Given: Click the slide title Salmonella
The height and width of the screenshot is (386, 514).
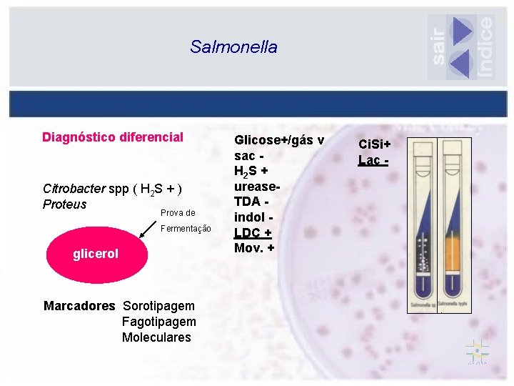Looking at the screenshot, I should coord(233,47).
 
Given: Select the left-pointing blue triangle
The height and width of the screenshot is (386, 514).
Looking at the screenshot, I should coord(461,64).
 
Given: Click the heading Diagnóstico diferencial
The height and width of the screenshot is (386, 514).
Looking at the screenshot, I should coord(113,137).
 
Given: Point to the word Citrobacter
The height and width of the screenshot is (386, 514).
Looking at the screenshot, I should coord(73,189).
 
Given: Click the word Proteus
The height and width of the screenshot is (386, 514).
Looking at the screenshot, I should coord(64,204).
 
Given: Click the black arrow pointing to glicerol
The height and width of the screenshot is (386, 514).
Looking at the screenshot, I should coord(148,227).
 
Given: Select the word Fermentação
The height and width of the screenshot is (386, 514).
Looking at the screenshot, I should coord(186,229).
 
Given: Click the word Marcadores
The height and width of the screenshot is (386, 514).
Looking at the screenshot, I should coord(79,306).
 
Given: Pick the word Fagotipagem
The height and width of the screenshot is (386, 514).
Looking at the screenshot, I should coord(157,322).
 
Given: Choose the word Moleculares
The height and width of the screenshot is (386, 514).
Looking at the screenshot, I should coord(156,337).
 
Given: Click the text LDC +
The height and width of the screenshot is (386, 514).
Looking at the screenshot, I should coord(253,234).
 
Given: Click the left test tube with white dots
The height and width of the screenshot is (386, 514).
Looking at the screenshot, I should coord(424,222).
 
